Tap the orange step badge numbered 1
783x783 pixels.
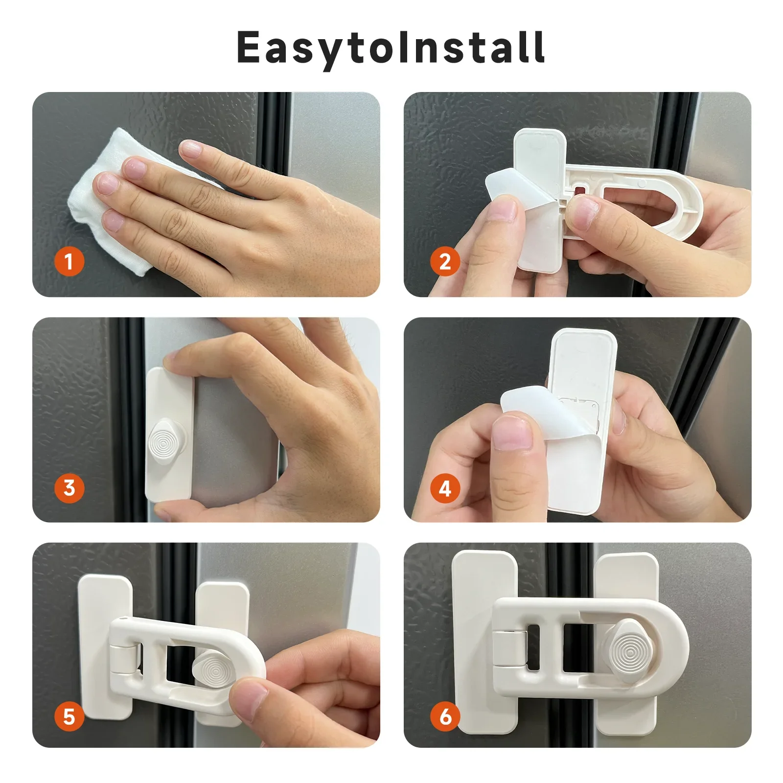69,261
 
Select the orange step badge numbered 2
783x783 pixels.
445,261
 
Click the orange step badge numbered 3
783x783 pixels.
69,487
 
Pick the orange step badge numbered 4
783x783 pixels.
445,488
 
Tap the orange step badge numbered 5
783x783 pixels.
69,716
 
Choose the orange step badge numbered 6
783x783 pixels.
445,716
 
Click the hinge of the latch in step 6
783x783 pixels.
509,649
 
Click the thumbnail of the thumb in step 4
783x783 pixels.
512,433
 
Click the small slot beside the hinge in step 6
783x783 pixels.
533,647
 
